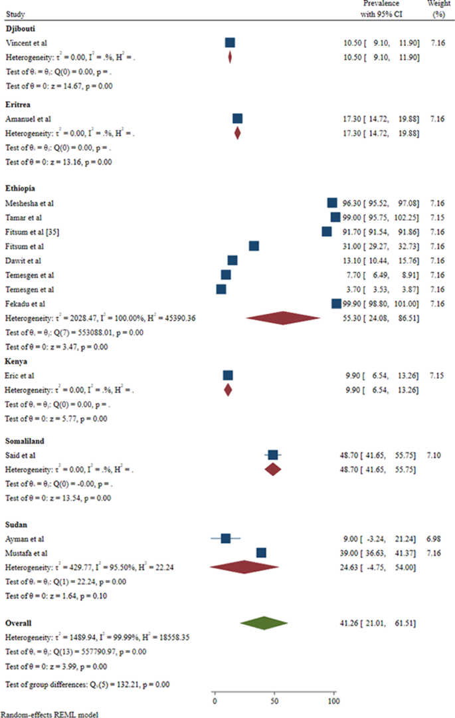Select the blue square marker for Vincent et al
[x=230, y=43]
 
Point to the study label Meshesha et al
[x=29, y=202]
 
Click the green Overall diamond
[x=264, y=623]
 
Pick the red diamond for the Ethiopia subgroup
[x=283, y=318]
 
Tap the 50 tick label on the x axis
[x=274, y=701]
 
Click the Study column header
[x=14, y=11]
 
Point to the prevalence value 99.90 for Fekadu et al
[x=348, y=304]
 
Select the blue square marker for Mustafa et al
[x=262, y=552]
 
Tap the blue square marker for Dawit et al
[x=232, y=260]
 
